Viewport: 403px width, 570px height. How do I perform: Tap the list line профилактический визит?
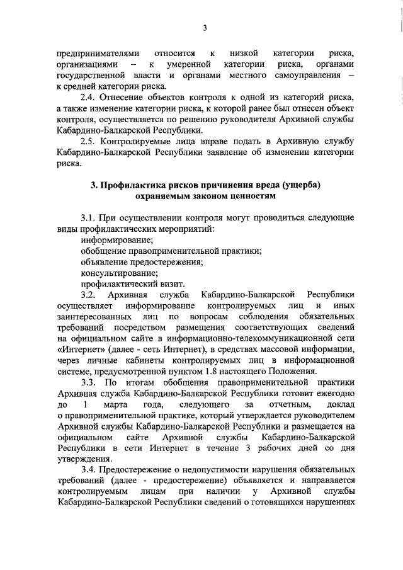123,283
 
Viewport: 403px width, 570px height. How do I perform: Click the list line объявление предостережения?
135,261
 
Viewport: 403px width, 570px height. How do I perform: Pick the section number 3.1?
89,217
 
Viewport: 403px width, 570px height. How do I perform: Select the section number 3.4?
89,470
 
